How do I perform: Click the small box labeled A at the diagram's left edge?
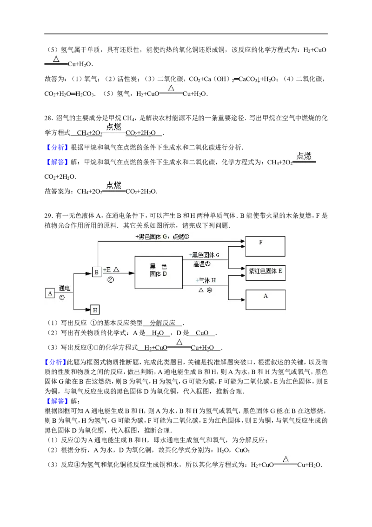(50, 293)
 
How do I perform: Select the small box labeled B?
(96, 272)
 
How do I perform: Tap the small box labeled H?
(94, 310)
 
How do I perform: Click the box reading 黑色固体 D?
(158, 272)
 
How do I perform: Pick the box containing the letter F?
(265, 246)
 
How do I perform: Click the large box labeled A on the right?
(266, 300)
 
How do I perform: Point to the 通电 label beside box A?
(65, 289)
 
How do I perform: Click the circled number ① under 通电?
(62, 298)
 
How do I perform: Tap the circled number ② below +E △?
(111, 280)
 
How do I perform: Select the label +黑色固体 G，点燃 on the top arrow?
(162, 236)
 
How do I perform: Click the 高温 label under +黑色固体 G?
(201, 263)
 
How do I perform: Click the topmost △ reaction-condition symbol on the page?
(56, 60)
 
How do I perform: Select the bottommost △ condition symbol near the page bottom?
(285, 459)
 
